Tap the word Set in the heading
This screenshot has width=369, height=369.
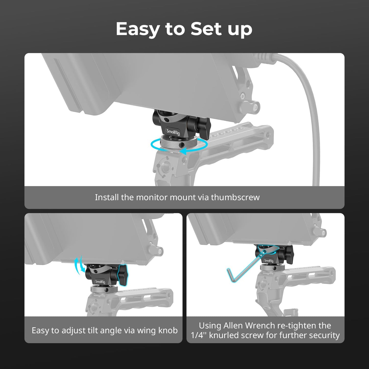[206, 29]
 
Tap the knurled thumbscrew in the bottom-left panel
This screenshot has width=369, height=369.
[104, 290]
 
